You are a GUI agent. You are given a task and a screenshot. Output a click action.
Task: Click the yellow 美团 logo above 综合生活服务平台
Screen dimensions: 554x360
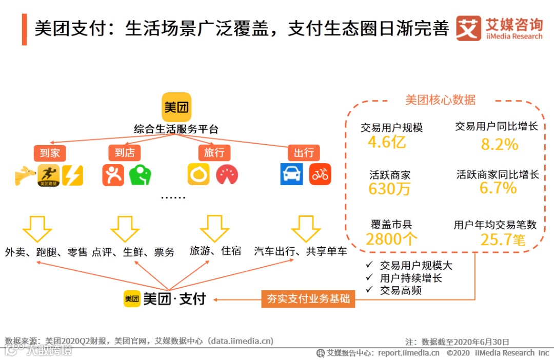click(x=176, y=107)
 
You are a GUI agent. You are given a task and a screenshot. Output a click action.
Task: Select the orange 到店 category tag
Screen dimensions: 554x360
click(x=125, y=153)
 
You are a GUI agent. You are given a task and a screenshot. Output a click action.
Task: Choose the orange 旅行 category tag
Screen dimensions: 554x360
click(x=214, y=153)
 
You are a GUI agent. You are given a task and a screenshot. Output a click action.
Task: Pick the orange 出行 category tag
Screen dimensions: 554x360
click(x=304, y=153)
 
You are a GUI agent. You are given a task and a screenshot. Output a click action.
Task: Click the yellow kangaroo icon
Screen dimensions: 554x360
click(x=25, y=175)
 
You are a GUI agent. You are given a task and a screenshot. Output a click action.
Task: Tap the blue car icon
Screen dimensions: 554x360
click(x=291, y=175)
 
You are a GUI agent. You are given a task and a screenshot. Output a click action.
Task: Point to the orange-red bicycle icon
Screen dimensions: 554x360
click(x=320, y=175)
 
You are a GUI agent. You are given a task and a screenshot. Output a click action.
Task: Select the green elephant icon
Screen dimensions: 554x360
click(x=140, y=175)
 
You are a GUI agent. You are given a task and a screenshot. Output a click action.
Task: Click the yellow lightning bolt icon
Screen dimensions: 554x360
click(x=72, y=175)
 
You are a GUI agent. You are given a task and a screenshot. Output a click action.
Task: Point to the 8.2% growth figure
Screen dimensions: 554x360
click(x=500, y=145)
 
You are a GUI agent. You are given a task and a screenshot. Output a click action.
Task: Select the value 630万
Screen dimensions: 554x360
click(x=390, y=189)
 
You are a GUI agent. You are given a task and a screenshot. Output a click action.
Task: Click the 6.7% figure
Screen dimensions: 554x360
click(x=498, y=188)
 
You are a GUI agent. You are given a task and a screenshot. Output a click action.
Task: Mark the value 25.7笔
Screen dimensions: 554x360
click(x=503, y=239)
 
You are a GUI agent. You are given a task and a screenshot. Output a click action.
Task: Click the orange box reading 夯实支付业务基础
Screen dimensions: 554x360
click(x=308, y=298)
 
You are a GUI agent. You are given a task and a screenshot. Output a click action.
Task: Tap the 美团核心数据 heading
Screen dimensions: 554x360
click(x=441, y=99)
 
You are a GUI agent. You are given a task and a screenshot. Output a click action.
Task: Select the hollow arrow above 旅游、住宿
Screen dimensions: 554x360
click(x=214, y=228)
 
